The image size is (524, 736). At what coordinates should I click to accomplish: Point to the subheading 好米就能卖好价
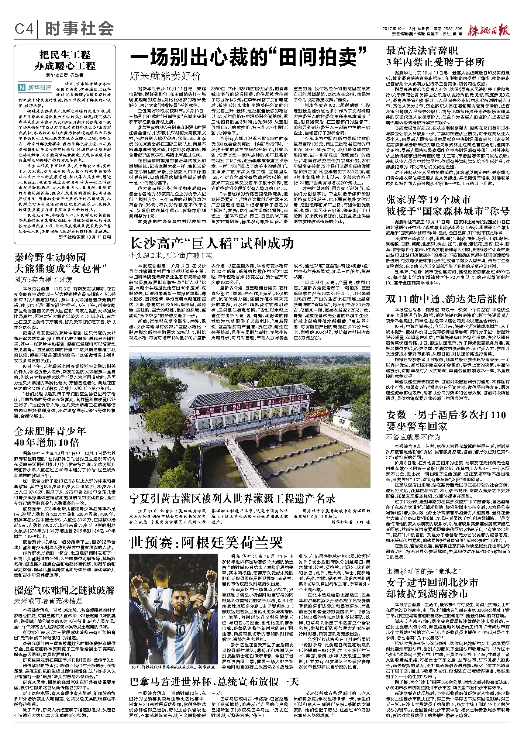[x=165, y=76]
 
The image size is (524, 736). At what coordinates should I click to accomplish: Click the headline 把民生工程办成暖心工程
[x=65, y=61]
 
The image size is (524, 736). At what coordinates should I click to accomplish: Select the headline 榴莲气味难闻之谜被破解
[x=65, y=590]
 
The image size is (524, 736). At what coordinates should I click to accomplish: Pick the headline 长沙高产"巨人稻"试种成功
[x=211, y=243]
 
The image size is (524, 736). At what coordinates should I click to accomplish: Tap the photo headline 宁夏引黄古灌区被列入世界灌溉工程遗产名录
[x=232, y=499]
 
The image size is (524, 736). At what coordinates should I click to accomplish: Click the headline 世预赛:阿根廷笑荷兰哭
[x=206, y=543]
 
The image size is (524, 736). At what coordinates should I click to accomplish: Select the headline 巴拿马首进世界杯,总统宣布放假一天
[x=214, y=681]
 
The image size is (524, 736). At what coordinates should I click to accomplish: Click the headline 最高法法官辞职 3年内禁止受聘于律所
[x=435, y=56]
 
